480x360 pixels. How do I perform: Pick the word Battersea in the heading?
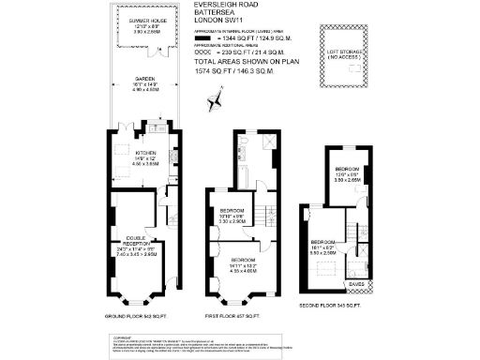[211, 13]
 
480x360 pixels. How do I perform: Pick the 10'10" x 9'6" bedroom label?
[231, 215]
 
